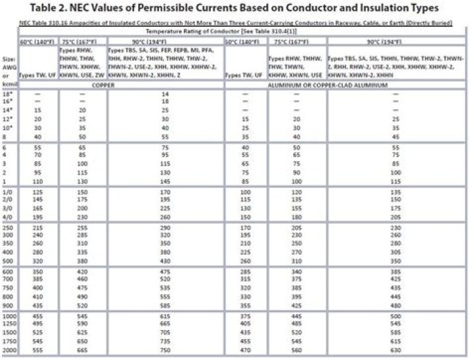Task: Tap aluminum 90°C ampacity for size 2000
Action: [x=394, y=351]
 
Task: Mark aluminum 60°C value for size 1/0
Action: [x=246, y=192]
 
